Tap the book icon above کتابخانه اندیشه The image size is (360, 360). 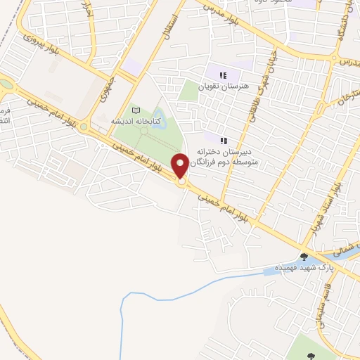pos(136,110)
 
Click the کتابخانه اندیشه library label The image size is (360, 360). pos(136,121)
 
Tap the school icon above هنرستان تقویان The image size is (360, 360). pos(223,75)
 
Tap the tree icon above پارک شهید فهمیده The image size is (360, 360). pos(304,257)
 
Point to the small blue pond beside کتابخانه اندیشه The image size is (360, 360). pos(159,114)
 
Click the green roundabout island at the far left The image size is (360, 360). pos(6,84)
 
